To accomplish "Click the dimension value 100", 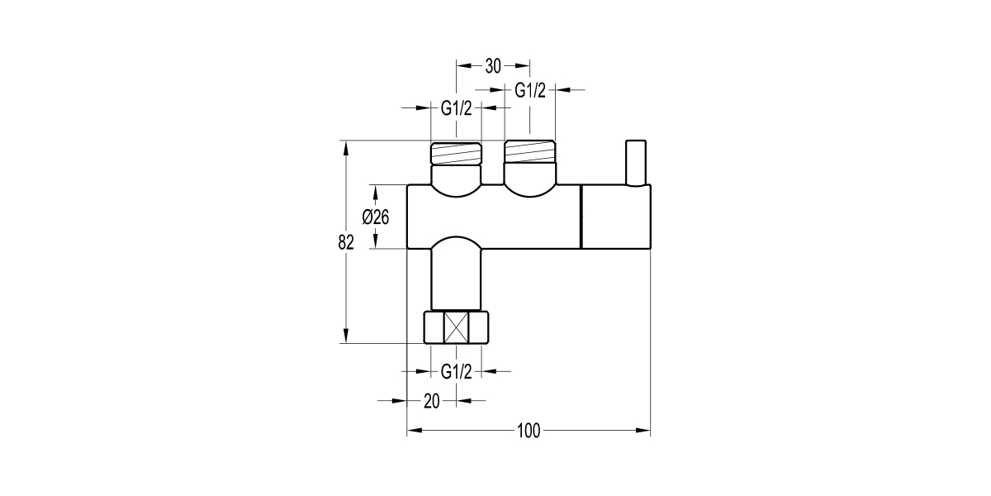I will pyautogui.click(x=529, y=431).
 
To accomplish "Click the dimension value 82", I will pyautogui.click(x=346, y=242).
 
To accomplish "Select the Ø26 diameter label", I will pyautogui.click(x=376, y=217).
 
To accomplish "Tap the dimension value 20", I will pyautogui.click(x=431, y=401).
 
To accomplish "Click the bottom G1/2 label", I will pyautogui.click(x=456, y=371).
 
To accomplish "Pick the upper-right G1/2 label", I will pyautogui.click(x=530, y=90).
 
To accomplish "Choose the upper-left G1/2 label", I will pyautogui.click(x=456, y=108).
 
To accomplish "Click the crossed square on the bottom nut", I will pyautogui.click(x=456, y=327).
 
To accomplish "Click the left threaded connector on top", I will pyautogui.click(x=456, y=154).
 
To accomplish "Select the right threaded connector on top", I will pyautogui.click(x=529, y=152).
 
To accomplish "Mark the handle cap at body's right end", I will pyautogui.click(x=616, y=217).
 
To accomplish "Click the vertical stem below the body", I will pyautogui.click(x=456, y=277).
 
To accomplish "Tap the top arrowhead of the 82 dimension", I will pyautogui.click(x=346, y=148).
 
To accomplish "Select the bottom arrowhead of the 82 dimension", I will pyautogui.click(x=346, y=336).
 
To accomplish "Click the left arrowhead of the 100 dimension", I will pyautogui.click(x=414, y=431).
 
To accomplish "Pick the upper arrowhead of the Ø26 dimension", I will pyautogui.click(x=376, y=193).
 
